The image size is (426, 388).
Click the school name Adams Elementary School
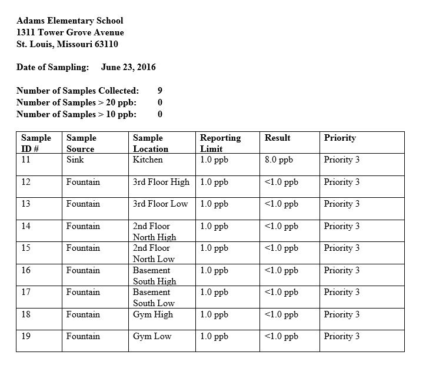[x=70, y=21]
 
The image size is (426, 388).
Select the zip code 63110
[x=112, y=44]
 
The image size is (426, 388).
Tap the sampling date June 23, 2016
[x=128, y=67]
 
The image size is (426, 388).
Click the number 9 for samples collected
[x=160, y=91]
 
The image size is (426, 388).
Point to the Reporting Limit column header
[x=220, y=143]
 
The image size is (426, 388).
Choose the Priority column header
[x=340, y=138]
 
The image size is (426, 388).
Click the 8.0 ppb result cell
[x=279, y=160]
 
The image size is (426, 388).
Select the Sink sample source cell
[x=75, y=160]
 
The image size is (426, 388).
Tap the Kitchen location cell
[x=148, y=160]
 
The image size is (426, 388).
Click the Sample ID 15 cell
[x=26, y=248]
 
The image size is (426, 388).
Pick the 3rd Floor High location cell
[x=161, y=182]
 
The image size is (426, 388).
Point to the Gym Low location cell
[x=152, y=336]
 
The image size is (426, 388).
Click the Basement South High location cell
[x=154, y=276]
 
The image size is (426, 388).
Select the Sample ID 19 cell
[x=26, y=336]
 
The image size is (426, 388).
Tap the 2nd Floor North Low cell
[x=154, y=253]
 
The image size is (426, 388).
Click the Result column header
[x=278, y=138]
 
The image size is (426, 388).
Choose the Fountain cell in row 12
[x=83, y=182]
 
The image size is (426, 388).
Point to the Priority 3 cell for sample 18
[x=341, y=314]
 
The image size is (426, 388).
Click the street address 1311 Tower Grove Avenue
[x=70, y=32]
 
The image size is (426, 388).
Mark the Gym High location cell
[x=153, y=314]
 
